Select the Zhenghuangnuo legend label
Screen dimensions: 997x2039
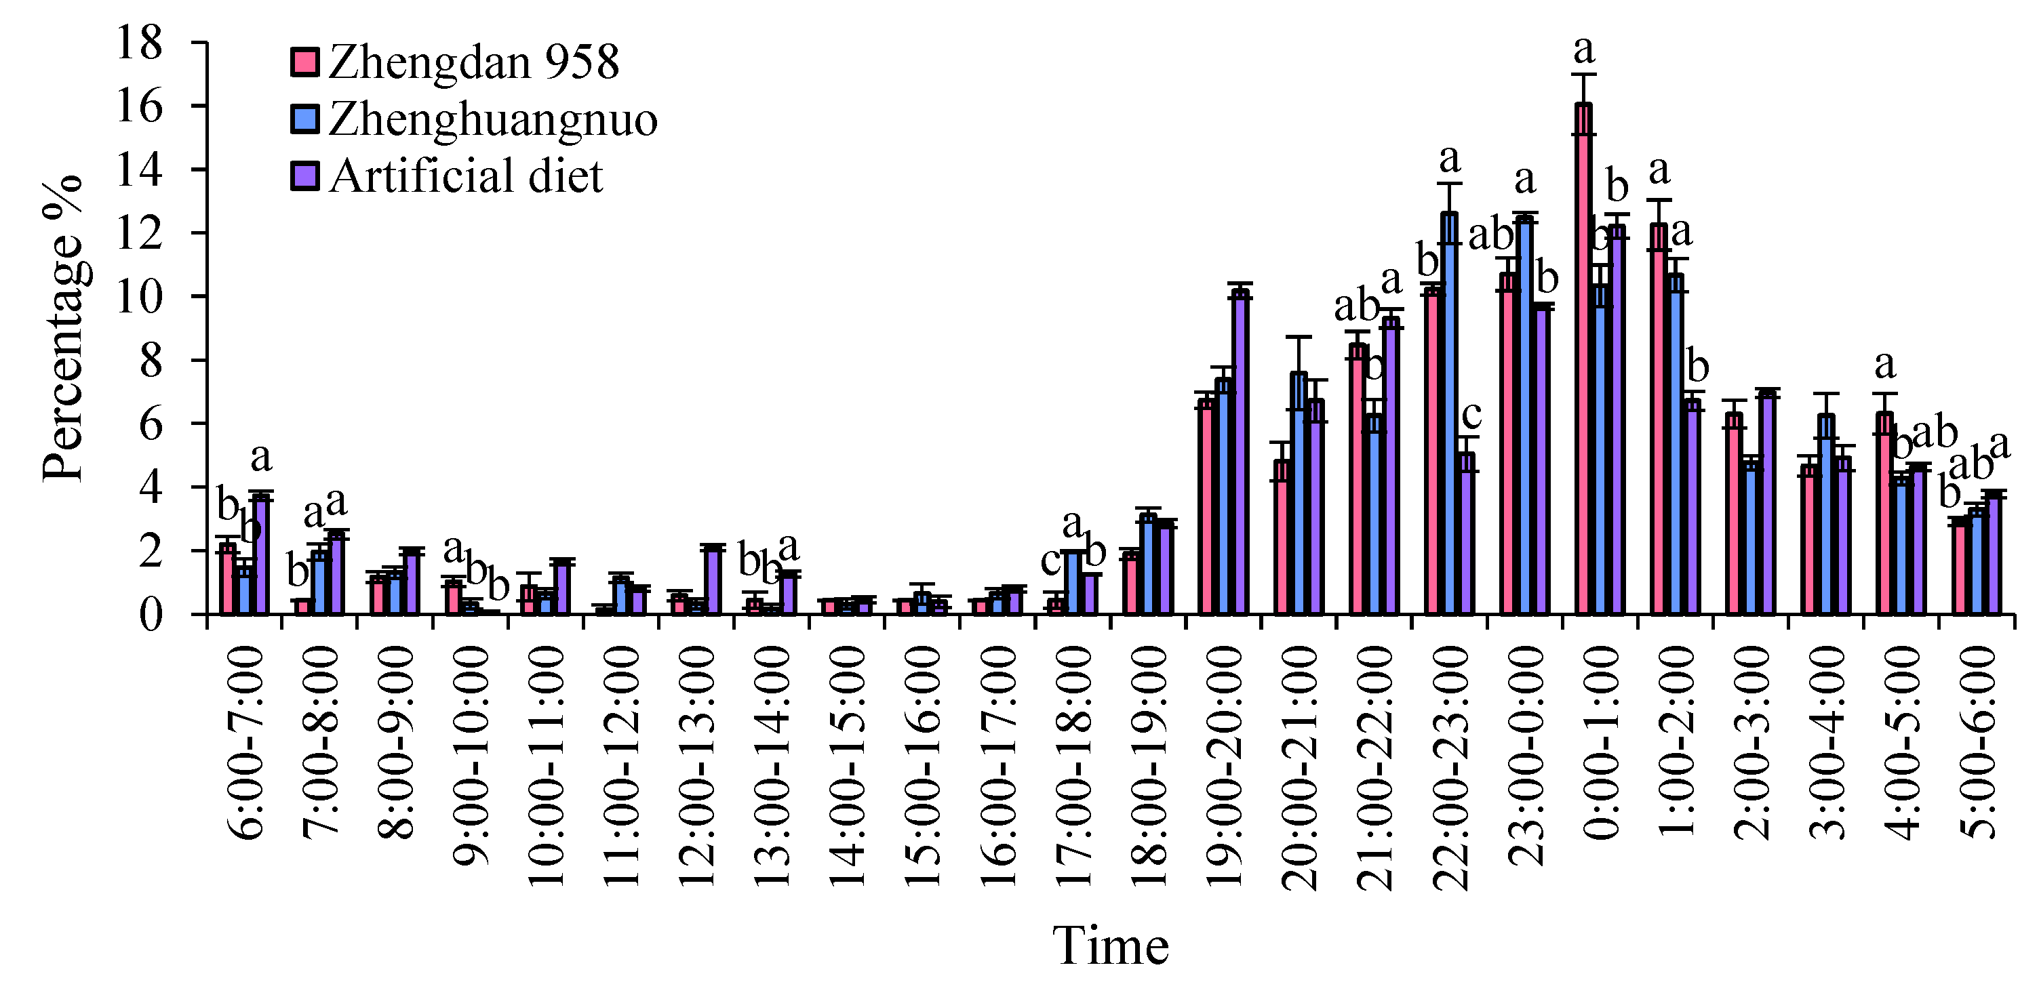492,119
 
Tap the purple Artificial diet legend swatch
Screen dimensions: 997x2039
304,176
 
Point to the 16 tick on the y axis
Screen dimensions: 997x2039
140,106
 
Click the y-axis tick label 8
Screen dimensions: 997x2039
151,361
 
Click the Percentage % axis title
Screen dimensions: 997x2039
63,328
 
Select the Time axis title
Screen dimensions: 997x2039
1110,945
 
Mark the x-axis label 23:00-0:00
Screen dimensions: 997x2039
1525,756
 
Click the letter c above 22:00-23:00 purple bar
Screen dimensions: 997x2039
1471,414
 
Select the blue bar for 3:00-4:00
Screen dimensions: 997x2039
1826,514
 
